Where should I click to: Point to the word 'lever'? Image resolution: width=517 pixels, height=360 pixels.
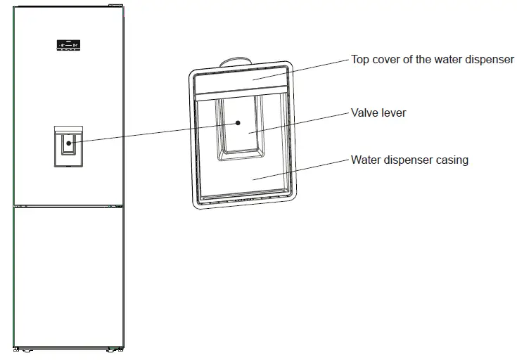coord(393,112)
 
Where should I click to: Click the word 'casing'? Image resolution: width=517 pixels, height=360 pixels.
coord(452,160)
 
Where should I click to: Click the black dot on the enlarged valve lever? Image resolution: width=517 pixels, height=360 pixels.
coord(238,122)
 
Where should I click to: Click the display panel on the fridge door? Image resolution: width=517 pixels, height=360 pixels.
coord(68,47)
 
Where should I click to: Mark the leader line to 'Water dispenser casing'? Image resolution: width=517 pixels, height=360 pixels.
coord(302,169)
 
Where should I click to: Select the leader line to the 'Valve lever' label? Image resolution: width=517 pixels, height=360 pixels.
coord(302,121)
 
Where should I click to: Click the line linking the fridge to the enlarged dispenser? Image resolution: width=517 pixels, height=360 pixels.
coord(155,133)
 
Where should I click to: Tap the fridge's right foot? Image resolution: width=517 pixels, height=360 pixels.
coord(117,349)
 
